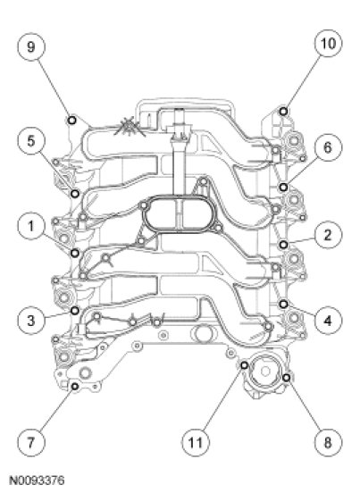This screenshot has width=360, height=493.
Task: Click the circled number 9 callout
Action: pyautogui.click(x=30, y=46)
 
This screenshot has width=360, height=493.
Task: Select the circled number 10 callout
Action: pyautogui.click(x=328, y=43)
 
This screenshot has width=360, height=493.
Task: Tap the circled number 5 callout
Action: pyautogui.click(x=30, y=141)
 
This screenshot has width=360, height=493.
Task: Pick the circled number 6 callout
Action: pyautogui.click(x=328, y=147)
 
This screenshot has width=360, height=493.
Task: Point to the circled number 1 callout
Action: pyautogui.click(x=30, y=226)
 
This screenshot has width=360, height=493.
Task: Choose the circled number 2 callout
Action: pyautogui.click(x=328, y=235)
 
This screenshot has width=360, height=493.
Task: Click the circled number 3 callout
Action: pyautogui.click(x=30, y=321)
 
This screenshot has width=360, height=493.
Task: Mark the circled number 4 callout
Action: pyautogui.click(x=328, y=321)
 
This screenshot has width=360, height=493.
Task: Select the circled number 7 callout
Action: pyautogui.click(x=30, y=443)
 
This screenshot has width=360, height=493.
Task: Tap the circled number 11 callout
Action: pyautogui.click(x=195, y=443)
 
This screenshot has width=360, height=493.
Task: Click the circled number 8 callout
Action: pyautogui.click(x=328, y=443)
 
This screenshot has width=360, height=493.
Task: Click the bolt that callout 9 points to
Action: pyautogui.click(x=72, y=120)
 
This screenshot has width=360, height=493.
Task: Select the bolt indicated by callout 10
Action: pyautogui.click(x=283, y=112)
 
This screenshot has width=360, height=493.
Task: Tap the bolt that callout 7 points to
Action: pyautogui.click(x=75, y=386)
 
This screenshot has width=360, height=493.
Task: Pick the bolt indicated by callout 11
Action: pyautogui.click(x=244, y=365)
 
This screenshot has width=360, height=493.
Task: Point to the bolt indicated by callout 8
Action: pyautogui.click(x=286, y=378)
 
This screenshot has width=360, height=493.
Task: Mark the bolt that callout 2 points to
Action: pyautogui.click(x=283, y=245)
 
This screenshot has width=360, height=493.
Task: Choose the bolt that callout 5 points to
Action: pyautogui.click(x=75, y=194)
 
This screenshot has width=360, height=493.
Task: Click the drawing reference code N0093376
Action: pyautogui.click(x=37, y=480)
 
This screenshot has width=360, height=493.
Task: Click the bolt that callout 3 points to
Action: pyautogui.click(x=75, y=311)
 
